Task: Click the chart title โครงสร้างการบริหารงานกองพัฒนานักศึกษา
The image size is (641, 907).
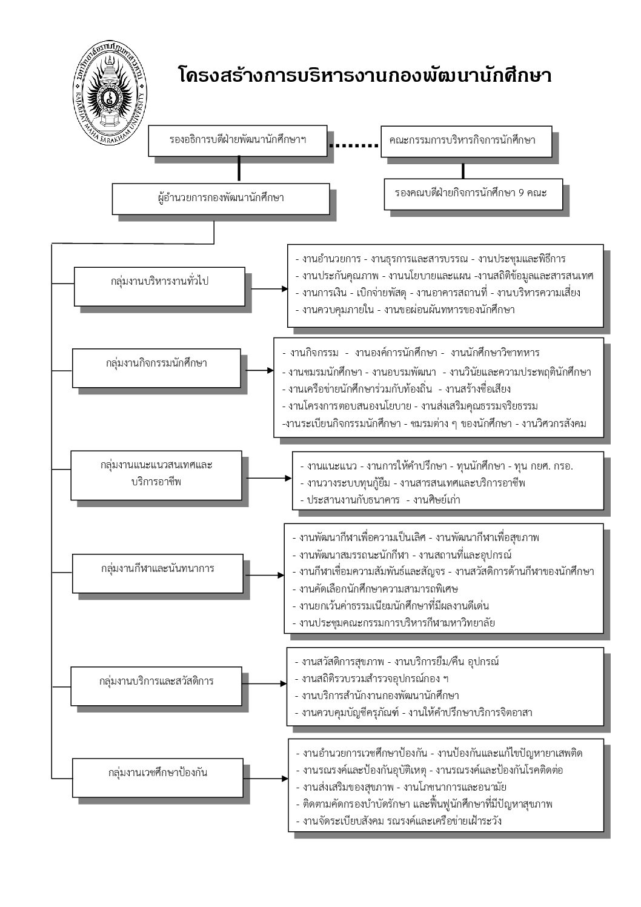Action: coord(364,76)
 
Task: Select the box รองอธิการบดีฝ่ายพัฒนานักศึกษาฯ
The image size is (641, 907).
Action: coord(237,140)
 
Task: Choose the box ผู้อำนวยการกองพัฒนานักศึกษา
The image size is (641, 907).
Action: coord(221,198)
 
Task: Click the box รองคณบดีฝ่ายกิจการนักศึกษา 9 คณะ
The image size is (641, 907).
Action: coord(471,193)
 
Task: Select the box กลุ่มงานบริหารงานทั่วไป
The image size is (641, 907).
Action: coord(160,281)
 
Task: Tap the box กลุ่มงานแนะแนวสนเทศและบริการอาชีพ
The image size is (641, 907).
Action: coord(156,474)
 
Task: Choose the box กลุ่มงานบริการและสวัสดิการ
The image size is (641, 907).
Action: coord(156,681)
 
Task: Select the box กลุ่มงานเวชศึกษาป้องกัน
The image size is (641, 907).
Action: coord(158,772)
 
